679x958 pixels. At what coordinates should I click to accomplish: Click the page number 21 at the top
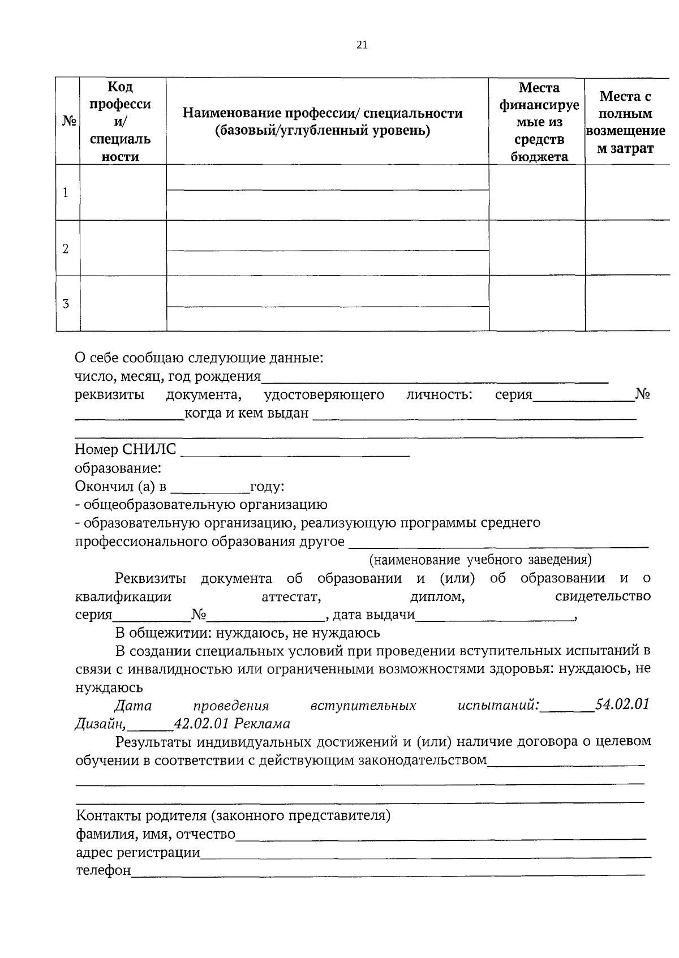click(x=362, y=45)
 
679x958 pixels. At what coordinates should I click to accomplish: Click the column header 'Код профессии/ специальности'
click(x=120, y=122)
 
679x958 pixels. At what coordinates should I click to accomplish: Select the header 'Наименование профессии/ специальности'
click(x=322, y=122)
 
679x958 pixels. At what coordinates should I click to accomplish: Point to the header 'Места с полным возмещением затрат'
click(x=625, y=122)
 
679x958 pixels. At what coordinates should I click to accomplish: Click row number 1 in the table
click(x=66, y=192)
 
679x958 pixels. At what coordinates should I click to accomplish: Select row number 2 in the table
click(x=66, y=248)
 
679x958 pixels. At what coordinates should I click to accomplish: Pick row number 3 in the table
click(x=66, y=303)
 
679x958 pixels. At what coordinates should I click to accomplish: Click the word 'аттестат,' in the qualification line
click(x=292, y=597)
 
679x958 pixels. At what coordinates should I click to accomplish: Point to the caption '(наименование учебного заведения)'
click(x=480, y=560)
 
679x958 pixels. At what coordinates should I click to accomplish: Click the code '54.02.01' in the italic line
click(x=622, y=705)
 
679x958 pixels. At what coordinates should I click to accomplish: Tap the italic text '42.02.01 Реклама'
click(x=232, y=724)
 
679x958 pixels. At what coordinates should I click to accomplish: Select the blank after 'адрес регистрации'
click(x=424, y=853)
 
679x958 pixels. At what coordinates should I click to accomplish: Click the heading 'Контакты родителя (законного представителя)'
click(x=234, y=816)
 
